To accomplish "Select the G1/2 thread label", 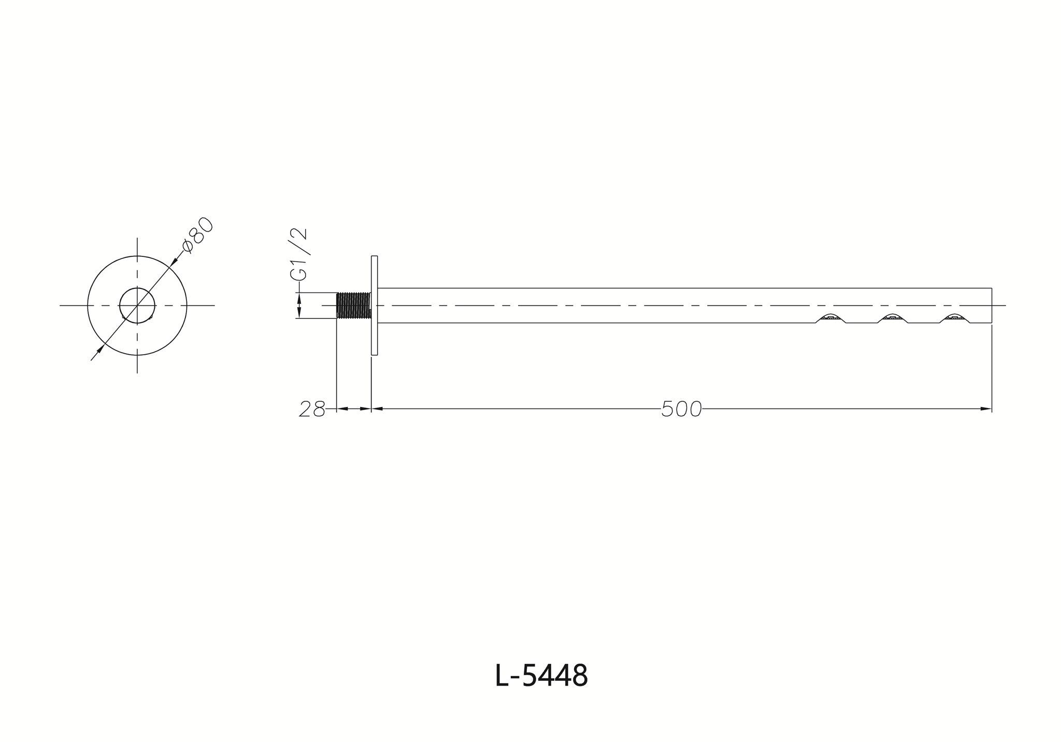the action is click(x=299, y=255).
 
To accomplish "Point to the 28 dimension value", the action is click(x=312, y=410).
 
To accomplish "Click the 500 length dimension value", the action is click(x=681, y=410).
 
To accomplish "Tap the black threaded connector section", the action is click(x=354, y=305).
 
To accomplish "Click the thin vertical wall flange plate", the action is click(x=375, y=305).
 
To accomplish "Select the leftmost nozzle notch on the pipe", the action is click(x=830, y=318).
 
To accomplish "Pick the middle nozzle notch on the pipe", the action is click(x=892, y=318).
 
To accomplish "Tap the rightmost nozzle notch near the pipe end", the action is click(x=954, y=318).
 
